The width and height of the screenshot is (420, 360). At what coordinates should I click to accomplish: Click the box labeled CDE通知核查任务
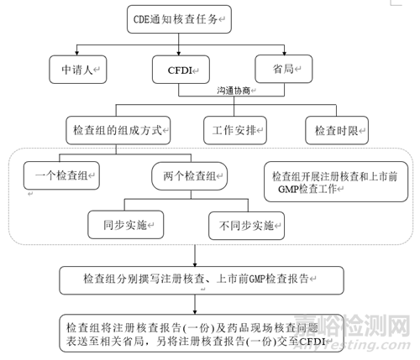179,19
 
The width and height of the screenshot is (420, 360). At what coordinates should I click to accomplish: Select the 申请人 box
78,70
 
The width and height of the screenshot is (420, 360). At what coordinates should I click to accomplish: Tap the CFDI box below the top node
181,70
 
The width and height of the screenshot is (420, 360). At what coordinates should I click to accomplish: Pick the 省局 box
284,69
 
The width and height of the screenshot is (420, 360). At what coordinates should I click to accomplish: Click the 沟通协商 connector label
234,91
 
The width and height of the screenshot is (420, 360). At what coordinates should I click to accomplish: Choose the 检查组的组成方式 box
118,130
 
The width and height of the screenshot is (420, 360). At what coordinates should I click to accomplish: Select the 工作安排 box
235,130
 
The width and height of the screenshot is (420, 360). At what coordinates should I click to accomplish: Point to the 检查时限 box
337,130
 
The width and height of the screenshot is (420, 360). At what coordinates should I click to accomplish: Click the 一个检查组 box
61,175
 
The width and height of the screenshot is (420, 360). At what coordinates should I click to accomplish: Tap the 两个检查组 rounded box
190,176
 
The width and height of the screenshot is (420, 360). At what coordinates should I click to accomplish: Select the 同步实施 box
126,225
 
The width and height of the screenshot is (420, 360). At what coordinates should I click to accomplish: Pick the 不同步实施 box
247,226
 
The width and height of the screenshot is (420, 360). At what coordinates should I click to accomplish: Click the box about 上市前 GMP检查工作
336,181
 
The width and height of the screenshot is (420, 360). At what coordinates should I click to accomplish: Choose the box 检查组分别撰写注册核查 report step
202,280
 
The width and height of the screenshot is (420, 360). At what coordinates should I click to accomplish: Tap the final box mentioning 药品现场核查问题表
202,333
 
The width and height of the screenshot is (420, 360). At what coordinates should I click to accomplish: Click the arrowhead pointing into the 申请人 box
76,53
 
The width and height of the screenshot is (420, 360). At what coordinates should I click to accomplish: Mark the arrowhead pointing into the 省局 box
285,53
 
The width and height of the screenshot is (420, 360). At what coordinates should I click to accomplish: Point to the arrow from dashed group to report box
195,256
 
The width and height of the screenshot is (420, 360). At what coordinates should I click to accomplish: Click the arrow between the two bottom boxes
195,305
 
